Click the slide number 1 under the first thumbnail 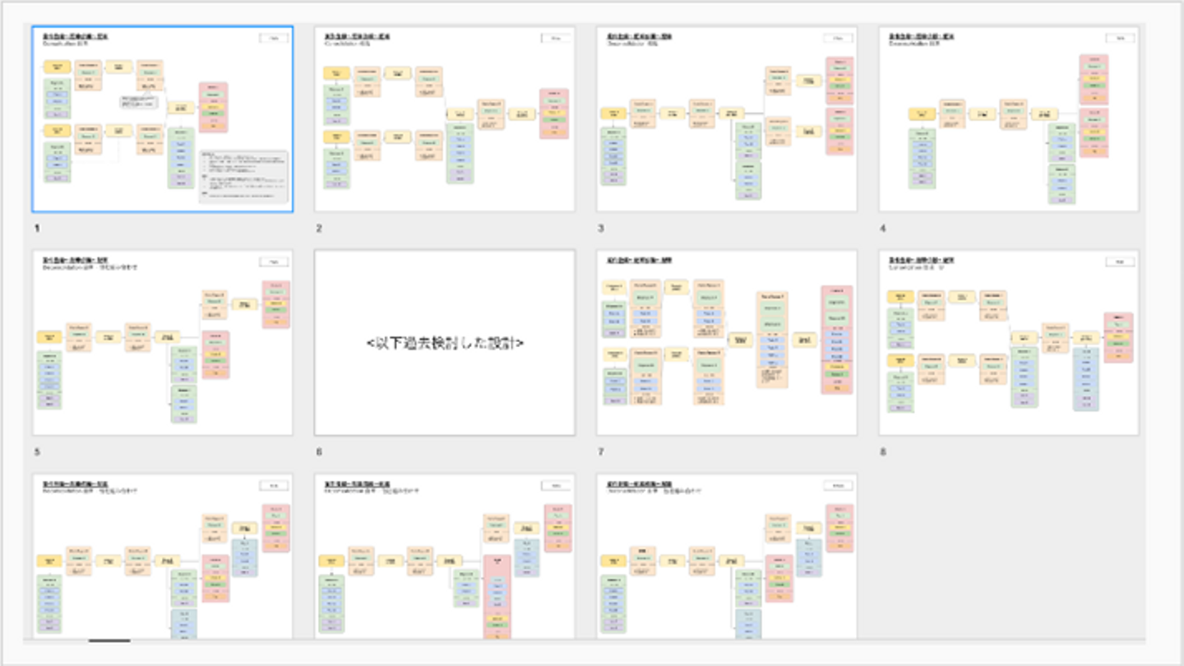click(x=37, y=228)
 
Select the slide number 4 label click(x=883, y=228)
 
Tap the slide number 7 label click(x=601, y=451)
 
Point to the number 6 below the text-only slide click(x=319, y=451)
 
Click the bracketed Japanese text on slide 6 click(x=445, y=343)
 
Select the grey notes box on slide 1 click(x=243, y=177)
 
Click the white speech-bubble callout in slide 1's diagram click(x=138, y=101)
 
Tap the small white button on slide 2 click(x=556, y=38)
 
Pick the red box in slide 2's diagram click(x=553, y=113)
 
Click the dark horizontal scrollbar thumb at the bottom click(x=109, y=641)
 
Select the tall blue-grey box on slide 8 click(x=1085, y=378)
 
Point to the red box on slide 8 click(x=1118, y=337)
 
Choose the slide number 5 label click(x=37, y=451)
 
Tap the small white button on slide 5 click(x=274, y=261)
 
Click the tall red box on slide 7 click(x=836, y=340)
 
